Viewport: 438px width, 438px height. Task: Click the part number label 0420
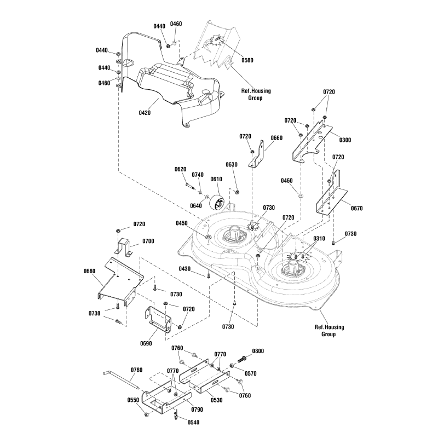(145, 113)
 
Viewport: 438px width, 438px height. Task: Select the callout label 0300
(345, 140)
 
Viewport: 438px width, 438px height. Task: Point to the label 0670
(357, 208)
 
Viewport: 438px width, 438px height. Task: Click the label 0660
(276, 138)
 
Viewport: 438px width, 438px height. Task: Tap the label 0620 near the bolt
(181, 169)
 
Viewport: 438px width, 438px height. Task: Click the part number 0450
(182, 223)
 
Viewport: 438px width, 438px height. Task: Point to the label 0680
(90, 270)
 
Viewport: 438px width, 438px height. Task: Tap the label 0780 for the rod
(136, 370)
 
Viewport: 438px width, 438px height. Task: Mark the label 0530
(216, 400)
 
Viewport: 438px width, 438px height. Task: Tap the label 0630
(232, 164)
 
